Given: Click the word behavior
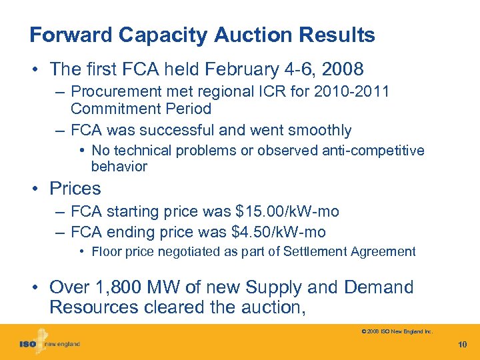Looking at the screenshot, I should (x=119, y=166).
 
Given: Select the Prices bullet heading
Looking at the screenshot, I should (x=75, y=189).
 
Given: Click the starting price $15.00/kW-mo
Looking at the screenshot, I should (x=287, y=212).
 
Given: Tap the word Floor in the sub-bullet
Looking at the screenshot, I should (x=106, y=252).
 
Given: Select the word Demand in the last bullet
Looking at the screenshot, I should (x=379, y=287).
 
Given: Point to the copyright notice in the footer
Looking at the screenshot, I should (x=396, y=331).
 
